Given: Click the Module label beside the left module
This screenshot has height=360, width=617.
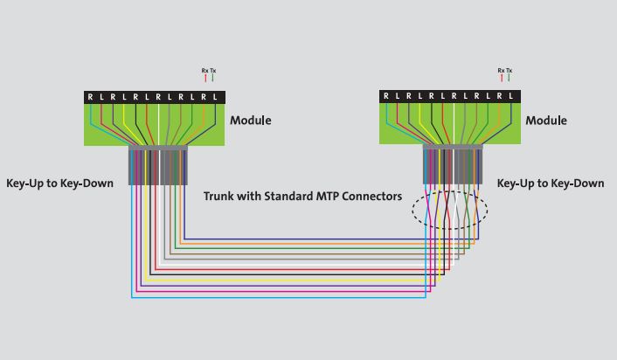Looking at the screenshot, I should [x=251, y=121].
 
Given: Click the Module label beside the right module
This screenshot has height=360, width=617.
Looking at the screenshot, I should [x=546, y=121].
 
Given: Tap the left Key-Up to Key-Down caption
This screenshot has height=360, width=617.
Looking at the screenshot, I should [x=59, y=183].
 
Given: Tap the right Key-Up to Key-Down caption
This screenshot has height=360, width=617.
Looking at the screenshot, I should [x=551, y=183].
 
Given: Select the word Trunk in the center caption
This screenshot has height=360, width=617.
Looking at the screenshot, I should [x=220, y=197].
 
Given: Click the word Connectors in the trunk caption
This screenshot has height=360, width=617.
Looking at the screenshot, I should [x=371, y=197].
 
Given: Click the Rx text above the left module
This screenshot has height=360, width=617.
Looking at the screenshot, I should [x=205, y=70].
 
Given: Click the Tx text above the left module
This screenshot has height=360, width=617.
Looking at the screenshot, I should [x=212, y=70].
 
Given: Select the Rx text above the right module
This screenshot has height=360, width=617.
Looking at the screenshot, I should [x=501, y=70].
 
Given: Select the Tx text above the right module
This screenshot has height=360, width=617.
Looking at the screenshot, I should [x=509, y=70].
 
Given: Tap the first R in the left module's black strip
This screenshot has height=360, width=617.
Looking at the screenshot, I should [x=90, y=97].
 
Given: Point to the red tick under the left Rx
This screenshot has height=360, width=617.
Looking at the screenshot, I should [x=205, y=79].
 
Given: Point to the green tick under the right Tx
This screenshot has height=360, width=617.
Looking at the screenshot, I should [x=509, y=79].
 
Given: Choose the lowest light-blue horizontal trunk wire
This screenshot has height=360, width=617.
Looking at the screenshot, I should [x=280, y=298].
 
